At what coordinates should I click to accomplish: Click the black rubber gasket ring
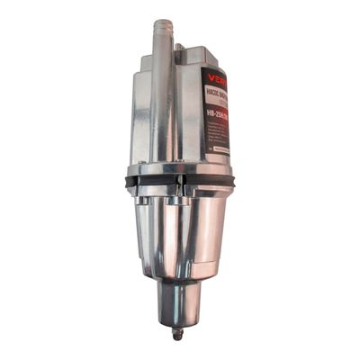(x=180, y=181)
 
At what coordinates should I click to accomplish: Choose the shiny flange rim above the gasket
(x=180, y=168)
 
